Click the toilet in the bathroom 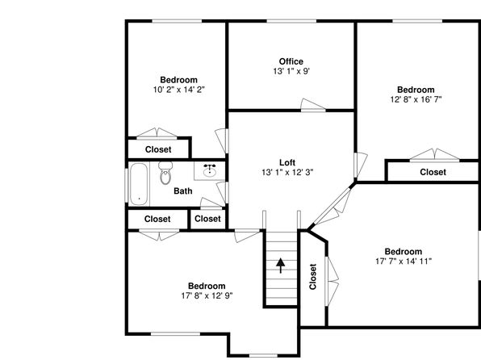coord(165,173)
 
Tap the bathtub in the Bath coord(139,184)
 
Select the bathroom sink coord(210,170)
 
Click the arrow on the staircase coord(280,266)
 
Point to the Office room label coord(291,61)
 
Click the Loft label coord(287,162)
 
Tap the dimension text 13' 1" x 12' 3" coord(287,173)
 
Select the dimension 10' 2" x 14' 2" coord(179,90)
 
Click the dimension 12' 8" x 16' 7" coord(416,99)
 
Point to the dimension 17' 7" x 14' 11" coord(404,262)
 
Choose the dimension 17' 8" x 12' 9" coord(207,296)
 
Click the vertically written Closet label coord(312,277)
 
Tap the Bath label coord(183,190)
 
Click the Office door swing coord(312,104)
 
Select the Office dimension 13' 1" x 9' coord(291,71)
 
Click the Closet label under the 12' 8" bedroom coord(433,172)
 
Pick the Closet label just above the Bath coord(158,149)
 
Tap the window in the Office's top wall coord(291,21)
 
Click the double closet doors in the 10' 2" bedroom coord(157,133)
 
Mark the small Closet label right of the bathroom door coord(207,219)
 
